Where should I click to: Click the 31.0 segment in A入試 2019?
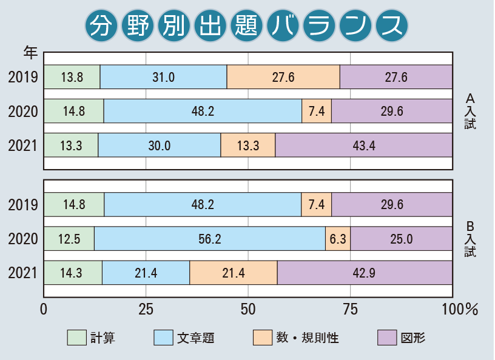click(163, 77)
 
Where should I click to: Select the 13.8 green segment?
click(72, 77)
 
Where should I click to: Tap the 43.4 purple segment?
click(364, 146)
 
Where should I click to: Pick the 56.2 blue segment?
click(209, 239)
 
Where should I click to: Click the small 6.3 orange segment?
click(338, 239)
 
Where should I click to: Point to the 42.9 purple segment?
click(365, 273)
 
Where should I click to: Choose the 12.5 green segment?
click(69, 239)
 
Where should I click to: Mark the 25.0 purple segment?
click(401, 239)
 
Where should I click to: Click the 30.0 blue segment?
click(160, 146)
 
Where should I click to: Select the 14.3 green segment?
click(73, 273)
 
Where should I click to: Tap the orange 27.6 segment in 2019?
click(283, 77)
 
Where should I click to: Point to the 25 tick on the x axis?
click(145, 309)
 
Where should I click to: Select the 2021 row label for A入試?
click(24, 146)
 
